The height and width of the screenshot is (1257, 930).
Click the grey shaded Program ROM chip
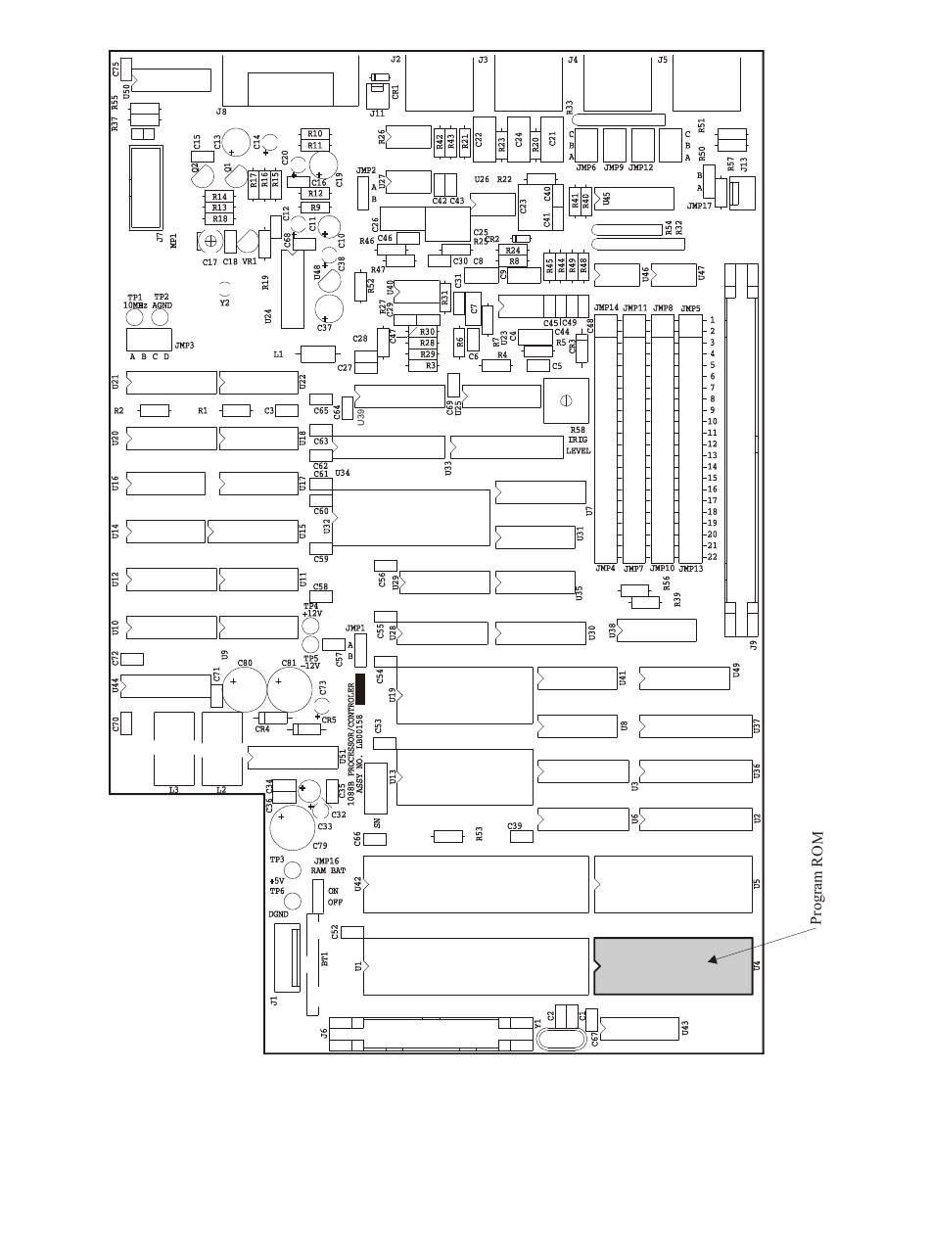pos(673,966)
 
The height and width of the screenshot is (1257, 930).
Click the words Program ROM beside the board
pos(817,878)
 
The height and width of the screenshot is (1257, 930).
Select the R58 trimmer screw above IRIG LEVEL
pos(565,400)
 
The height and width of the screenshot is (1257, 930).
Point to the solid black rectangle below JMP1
pos(360,688)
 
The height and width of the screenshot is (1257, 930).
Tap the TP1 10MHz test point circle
pos(135,317)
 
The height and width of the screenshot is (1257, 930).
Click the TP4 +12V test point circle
pos(311,627)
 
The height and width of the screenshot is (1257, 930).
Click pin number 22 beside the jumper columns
pos(712,557)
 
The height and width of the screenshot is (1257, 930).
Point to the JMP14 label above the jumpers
pos(607,308)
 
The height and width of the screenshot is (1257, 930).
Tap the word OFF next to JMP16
pos(335,903)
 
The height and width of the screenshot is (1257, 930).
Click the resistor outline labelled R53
pos(447,836)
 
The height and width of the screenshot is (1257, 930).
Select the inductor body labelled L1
pos(317,354)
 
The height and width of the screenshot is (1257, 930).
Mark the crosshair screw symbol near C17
pos(211,241)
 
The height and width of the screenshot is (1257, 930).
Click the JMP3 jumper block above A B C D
pos(148,339)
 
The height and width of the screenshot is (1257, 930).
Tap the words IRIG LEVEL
pos(579,445)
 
